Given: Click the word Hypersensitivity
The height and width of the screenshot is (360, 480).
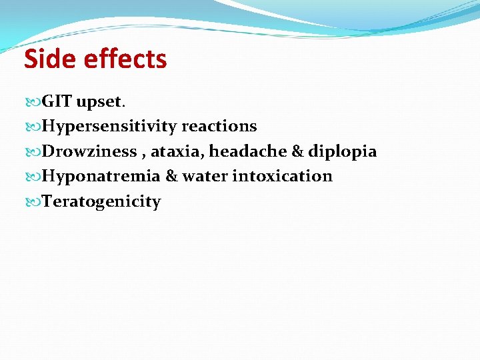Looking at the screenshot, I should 109,127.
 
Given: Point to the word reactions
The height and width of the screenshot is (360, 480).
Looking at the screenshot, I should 219,127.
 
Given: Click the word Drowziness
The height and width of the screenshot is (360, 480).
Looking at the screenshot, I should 89,151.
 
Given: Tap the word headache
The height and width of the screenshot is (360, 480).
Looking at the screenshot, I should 248,151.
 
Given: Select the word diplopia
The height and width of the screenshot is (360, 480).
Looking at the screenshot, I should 342,152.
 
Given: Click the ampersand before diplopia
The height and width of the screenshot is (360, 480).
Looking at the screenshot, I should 298,151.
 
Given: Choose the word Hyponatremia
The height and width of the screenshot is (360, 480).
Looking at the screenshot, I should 101,177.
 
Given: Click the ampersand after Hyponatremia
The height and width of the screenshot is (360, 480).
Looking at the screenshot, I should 171,177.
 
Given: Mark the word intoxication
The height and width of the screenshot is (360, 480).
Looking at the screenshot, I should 282,177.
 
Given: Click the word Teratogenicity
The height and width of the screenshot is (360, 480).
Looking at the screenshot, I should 101,201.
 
